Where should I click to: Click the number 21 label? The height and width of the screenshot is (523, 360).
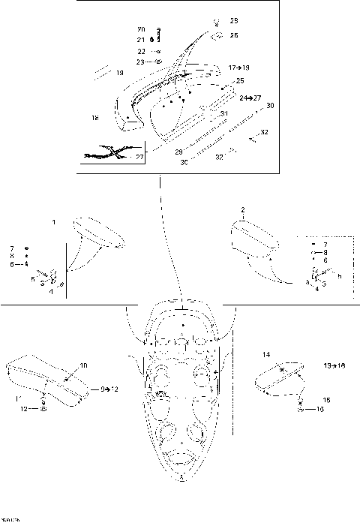(140, 40)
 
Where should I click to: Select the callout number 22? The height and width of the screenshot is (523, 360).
(141, 51)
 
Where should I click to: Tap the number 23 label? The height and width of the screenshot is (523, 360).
(141, 62)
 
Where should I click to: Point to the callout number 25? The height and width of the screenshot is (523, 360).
(240, 80)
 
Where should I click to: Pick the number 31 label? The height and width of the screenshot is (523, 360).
(223, 113)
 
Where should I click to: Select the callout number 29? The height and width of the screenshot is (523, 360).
(178, 152)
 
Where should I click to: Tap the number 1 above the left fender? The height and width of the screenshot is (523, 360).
(53, 223)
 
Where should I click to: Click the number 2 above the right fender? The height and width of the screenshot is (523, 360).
(242, 209)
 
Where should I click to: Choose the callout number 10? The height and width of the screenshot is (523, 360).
(83, 365)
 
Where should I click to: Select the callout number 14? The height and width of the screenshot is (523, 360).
(265, 353)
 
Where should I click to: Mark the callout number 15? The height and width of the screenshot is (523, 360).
(325, 400)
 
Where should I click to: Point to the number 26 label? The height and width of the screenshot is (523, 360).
(234, 35)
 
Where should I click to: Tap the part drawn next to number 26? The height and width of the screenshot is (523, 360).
(215, 35)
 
